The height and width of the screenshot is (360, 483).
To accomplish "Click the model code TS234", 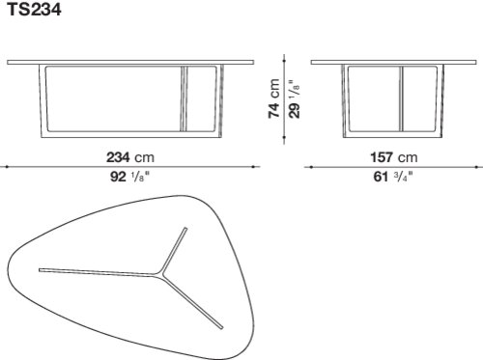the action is point(34,9).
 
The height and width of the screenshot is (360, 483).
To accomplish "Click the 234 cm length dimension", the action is point(130,157).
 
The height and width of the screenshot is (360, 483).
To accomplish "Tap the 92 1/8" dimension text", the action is point(130,177).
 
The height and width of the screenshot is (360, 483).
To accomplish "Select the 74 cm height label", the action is point(274,98).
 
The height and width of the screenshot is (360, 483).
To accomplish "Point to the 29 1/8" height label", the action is point(294,98).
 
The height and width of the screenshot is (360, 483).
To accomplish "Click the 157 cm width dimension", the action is point(394,157).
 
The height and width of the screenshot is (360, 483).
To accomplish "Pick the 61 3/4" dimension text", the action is point(393,177).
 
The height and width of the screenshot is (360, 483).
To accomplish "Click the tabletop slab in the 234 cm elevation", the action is point(130,62).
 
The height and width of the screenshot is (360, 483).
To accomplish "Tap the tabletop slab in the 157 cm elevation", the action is point(393,62).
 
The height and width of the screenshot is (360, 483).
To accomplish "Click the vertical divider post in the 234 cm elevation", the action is point(184,98).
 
